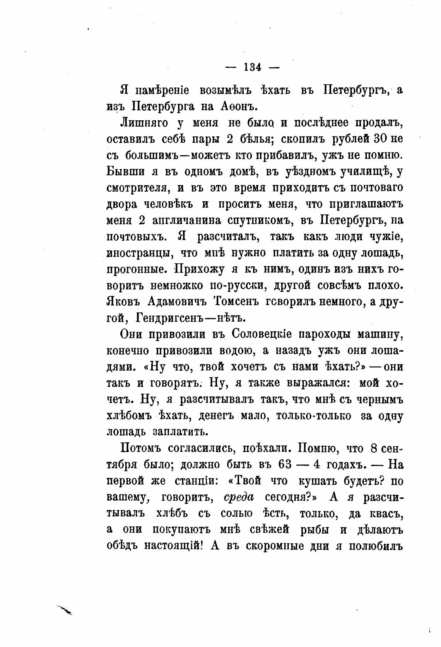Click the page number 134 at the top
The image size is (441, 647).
click(253, 67)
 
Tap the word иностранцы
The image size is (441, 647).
click(137, 253)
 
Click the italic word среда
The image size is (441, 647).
click(239, 498)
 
